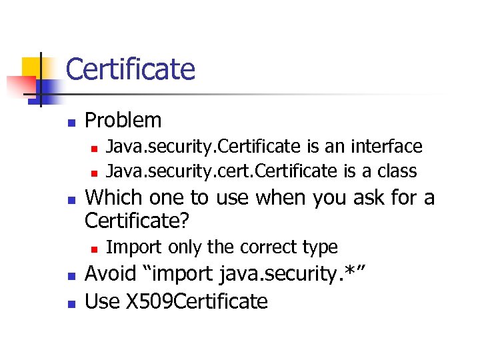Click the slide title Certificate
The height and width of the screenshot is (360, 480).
tap(131, 69)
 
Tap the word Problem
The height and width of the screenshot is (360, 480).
tap(124, 121)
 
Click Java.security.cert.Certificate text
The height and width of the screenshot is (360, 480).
tap(222, 171)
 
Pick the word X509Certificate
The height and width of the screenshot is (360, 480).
tap(196, 301)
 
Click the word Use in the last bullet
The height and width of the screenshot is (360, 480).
tap(102, 301)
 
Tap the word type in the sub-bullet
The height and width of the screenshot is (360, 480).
tap(321, 247)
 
